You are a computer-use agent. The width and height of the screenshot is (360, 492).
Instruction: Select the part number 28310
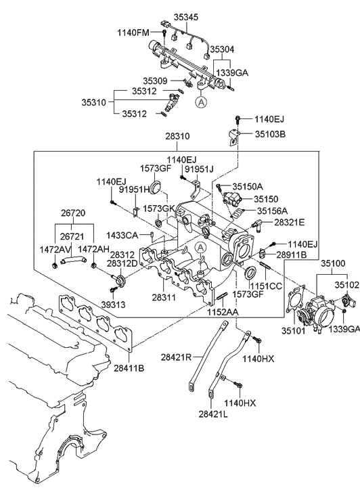[177, 136]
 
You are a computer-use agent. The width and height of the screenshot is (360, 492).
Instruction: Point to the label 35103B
[271, 134]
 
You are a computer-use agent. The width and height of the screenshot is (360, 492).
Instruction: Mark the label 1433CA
[122, 235]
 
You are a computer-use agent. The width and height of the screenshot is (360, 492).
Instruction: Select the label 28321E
[289, 222]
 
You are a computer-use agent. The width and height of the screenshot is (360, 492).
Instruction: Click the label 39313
[113, 305]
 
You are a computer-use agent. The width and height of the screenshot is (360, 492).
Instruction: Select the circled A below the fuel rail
[200, 103]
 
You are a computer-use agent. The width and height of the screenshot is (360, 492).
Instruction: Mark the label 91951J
[199, 169]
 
